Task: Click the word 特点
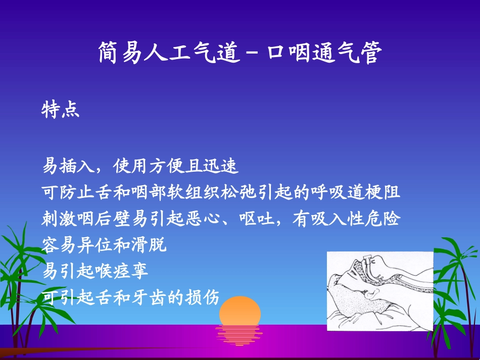point(61,110)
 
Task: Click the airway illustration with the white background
point(379,291)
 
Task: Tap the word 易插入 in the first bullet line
point(68,166)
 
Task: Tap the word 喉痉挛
point(124,271)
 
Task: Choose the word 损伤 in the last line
point(206,298)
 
